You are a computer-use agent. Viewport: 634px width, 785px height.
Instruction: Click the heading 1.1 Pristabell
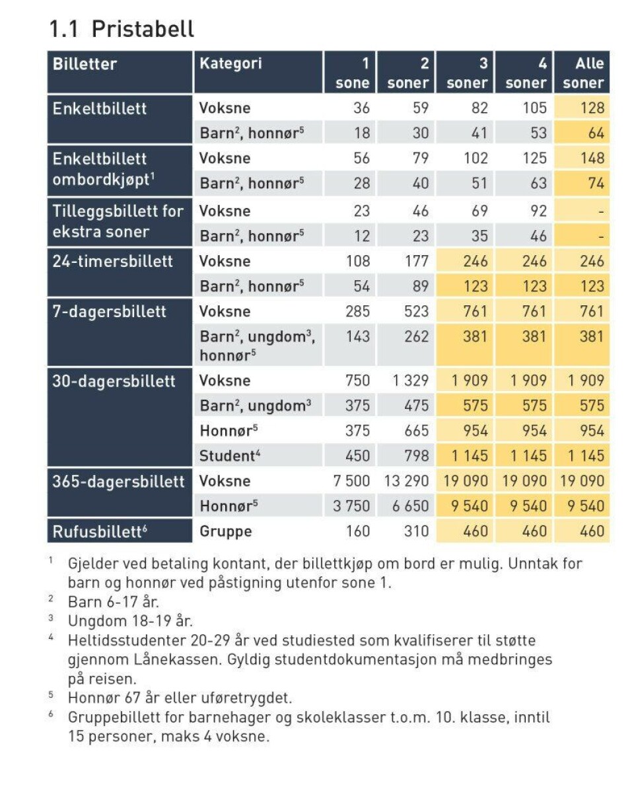(x=122, y=28)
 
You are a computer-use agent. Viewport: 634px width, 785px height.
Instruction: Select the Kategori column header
(x=230, y=63)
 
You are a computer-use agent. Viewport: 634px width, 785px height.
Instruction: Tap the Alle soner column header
(x=583, y=73)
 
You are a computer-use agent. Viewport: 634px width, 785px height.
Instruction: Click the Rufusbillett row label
(x=100, y=531)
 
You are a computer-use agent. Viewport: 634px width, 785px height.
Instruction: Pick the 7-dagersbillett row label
(x=109, y=311)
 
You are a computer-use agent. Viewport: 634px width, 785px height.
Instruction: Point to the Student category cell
(x=230, y=455)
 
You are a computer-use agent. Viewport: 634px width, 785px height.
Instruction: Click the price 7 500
(x=351, y=480)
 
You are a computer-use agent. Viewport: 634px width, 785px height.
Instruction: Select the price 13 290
(x=406, y=480)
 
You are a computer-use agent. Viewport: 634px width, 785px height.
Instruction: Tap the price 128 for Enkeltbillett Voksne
(x=592, y=108)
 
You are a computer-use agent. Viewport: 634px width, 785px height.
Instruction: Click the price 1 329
(x=410, y=381)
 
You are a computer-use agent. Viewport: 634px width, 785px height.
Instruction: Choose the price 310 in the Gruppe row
(x=416, y=531)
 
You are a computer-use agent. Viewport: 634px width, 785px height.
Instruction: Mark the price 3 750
(x=351, y=505)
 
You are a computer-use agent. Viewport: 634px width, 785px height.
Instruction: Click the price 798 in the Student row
(x=416, y=455)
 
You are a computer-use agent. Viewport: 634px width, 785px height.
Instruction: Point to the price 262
(x=416, y=336)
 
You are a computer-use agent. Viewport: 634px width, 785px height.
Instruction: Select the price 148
(x=592, y=158)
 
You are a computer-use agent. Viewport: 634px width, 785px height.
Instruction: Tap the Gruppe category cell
(x=226, y=531)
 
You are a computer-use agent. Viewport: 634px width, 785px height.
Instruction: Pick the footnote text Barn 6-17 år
(x=114, y=601)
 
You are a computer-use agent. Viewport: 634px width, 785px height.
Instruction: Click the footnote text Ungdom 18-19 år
(x=130, y=620)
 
